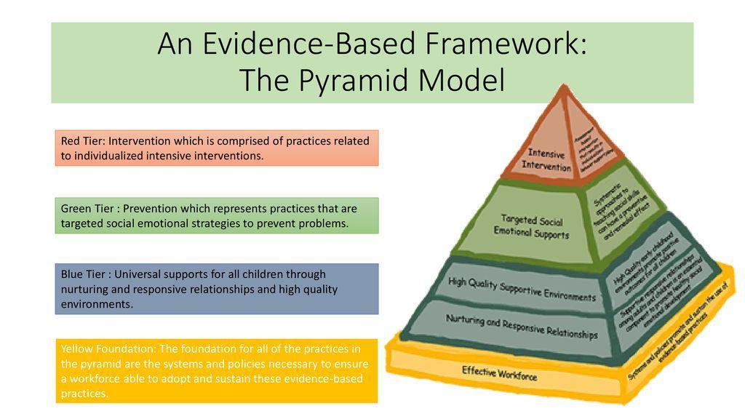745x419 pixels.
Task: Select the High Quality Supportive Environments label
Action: pos(522,289)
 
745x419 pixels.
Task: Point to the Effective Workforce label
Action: pos(499,374)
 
